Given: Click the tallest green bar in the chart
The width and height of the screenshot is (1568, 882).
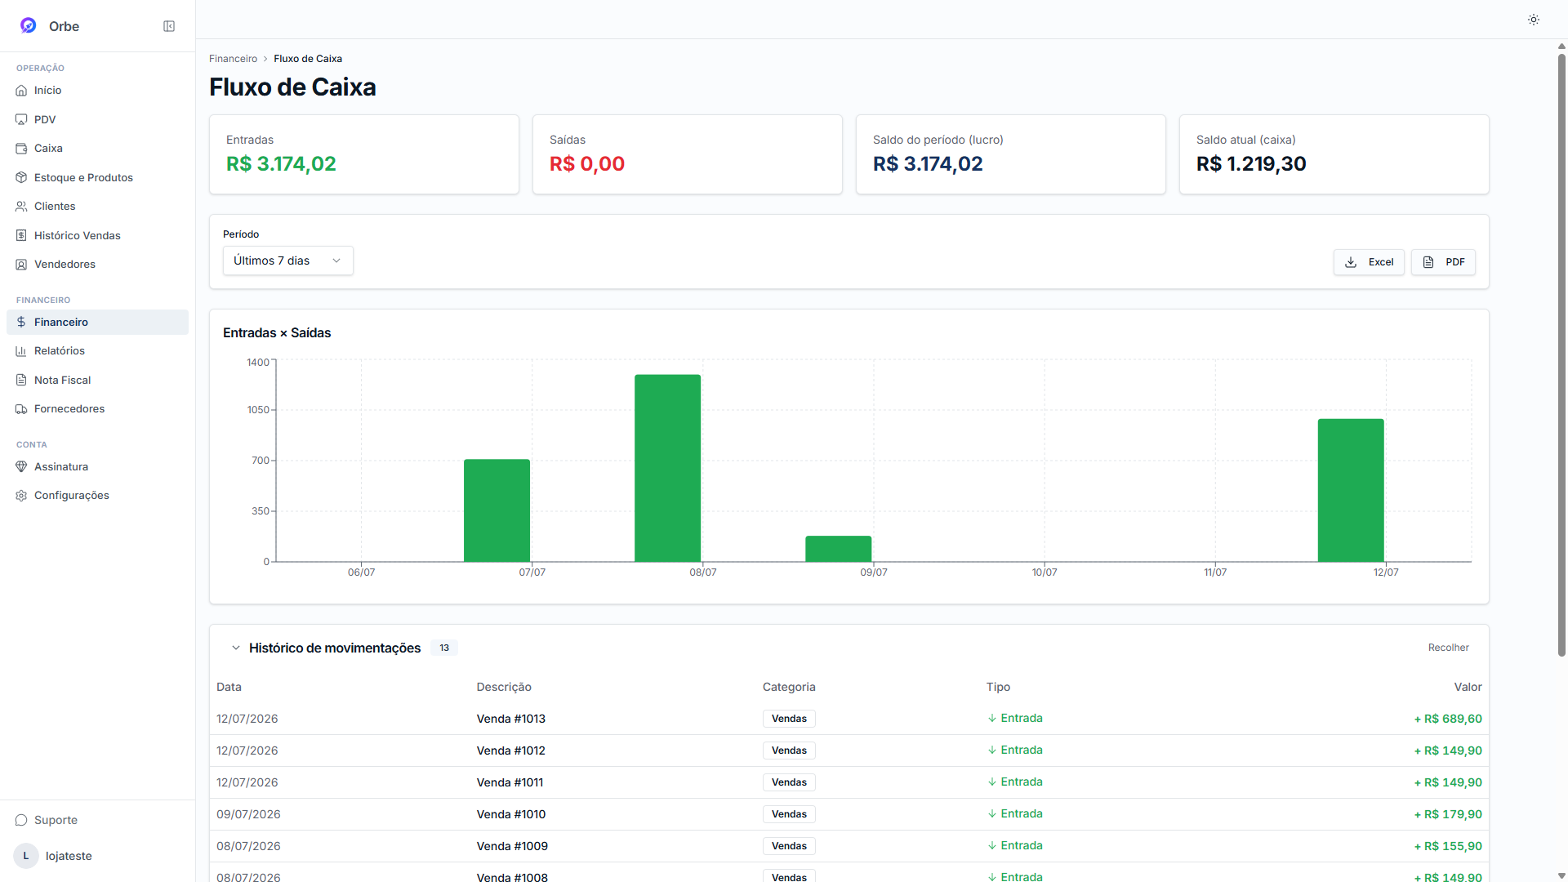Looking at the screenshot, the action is click(667, 468).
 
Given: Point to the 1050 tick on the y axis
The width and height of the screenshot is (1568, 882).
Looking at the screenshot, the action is click(258, 410).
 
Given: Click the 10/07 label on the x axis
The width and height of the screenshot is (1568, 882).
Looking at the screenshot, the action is click(1045, 572).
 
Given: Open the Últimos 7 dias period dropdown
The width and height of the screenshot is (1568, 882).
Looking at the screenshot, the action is click(287, 261).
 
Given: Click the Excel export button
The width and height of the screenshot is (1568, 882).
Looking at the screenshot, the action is click(1369, 262).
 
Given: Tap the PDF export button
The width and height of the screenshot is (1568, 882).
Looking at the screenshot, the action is click(1443, 262).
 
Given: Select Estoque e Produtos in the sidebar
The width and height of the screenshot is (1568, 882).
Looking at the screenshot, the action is click(83, 177).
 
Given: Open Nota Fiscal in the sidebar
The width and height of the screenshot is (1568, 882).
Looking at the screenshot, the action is click(62, 380).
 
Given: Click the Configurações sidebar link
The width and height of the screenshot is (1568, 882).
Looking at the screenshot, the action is click(71, 496).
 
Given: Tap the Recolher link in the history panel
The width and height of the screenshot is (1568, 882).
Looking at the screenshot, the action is click(1448, 648).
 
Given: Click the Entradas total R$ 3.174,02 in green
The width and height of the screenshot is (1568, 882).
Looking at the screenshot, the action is click(281, 164).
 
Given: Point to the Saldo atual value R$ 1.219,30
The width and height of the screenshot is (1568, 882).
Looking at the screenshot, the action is click(1251, 164).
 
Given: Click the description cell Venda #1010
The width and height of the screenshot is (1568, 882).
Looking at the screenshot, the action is click(511, 814).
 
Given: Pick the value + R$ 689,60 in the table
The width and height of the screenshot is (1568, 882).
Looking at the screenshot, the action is click(1448, 719).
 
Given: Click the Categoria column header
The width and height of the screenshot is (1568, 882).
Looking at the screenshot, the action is click(789, 687).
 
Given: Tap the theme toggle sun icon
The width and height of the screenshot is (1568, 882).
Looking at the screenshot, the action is click(1534, 20).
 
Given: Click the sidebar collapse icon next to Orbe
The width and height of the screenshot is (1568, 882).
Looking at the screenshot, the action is click(169, 26).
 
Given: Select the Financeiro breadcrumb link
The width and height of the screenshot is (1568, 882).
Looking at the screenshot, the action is click(233, 59).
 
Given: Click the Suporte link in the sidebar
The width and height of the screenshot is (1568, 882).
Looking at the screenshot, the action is click(56, 820).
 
